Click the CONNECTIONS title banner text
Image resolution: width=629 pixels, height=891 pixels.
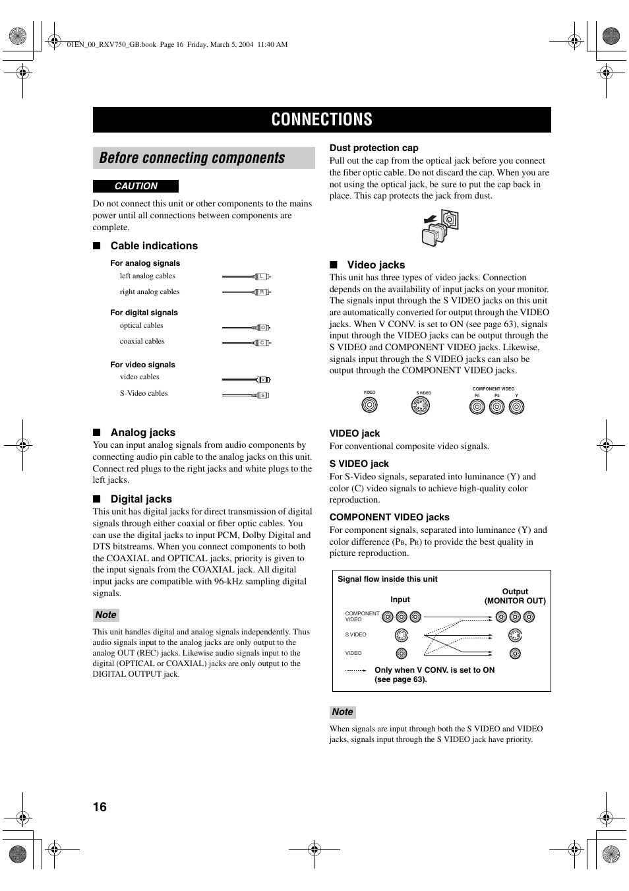click(322, 119)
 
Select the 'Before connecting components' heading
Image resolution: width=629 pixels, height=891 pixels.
click(192, 158)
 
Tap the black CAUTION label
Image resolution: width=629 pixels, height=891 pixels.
click(136, 187)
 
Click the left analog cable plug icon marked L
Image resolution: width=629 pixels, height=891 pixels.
click(262, 276)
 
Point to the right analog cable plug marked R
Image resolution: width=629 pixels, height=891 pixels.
click(262, 292)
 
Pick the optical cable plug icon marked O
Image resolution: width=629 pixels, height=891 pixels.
click(262, 327)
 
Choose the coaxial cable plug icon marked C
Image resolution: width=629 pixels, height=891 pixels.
click(262, 343)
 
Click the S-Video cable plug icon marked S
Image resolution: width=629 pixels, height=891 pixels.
click(262, 395)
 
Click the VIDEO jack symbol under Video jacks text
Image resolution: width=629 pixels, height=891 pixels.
click(370, 405)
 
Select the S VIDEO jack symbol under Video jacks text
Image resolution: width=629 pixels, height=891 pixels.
click(420, 406)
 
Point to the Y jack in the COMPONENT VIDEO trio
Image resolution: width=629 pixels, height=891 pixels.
click(517, 407)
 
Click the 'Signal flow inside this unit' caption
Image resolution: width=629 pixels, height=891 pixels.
click(388, 579)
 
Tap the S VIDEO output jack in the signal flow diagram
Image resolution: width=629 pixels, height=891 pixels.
click(515, 636)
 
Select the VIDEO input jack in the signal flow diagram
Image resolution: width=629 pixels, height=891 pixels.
click(402, 654)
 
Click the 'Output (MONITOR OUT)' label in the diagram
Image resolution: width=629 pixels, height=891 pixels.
click(515, 596)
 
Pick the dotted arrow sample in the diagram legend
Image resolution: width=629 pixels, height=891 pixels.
click(356, 670)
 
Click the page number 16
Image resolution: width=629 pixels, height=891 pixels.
click(100, 807)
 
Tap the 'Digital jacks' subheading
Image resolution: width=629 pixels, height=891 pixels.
click(141, 499)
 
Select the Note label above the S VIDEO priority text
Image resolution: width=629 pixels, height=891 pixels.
click(342, 712)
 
